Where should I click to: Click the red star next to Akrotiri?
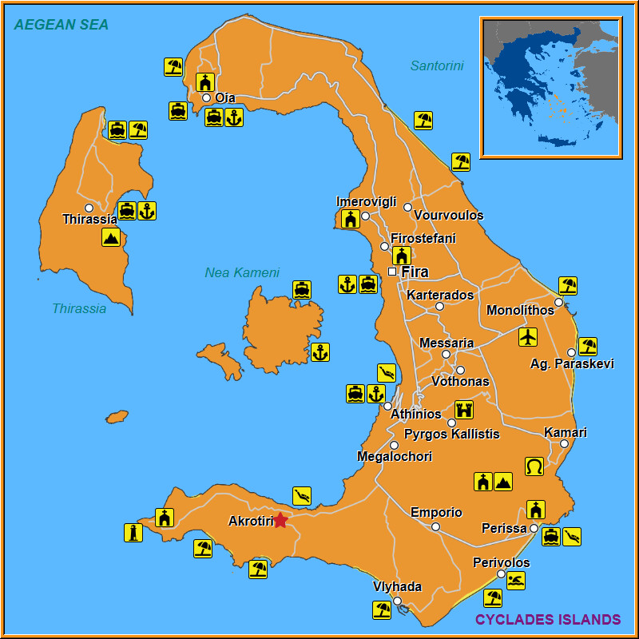[x=280, y=521]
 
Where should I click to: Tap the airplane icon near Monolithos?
[x=528, y=336]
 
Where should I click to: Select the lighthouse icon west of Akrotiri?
[x=133, y=533]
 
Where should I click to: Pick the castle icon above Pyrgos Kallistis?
[x=464, y=410]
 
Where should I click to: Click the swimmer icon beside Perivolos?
[x=516, y=581]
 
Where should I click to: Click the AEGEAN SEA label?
[x=62, y=25]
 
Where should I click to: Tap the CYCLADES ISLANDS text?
[x=548, y=620]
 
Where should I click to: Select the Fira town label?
[x=415, y=272]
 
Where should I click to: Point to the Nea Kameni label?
[x=242, y=272]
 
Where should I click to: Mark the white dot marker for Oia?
[x=206, y=98]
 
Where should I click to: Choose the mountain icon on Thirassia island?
[x=111, y=237]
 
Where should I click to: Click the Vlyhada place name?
[x=397, y=586]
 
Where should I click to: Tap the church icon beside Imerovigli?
[x=350, y=219]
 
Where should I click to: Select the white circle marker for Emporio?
[x=435, y=526]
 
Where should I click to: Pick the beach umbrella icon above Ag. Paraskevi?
[x=588, y=346]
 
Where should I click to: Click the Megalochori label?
[x=395, y=457]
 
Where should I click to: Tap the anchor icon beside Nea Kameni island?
[x=320, y=352]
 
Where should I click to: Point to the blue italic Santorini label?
[x=437, y=66]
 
